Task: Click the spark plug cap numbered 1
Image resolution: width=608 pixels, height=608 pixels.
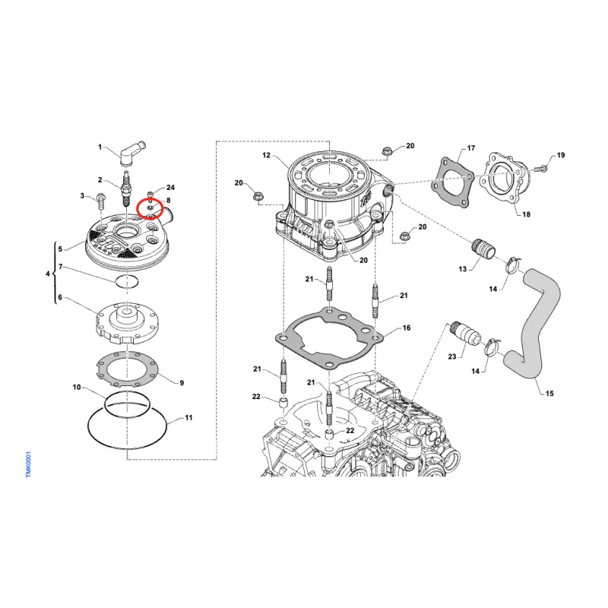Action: point(131,154)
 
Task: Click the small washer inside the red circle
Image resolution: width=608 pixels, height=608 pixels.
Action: point(150,208)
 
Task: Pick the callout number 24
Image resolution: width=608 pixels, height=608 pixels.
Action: point(170,187)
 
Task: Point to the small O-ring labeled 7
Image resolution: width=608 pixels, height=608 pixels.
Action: point(127,281)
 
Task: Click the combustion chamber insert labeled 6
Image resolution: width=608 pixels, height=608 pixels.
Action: point(127,325)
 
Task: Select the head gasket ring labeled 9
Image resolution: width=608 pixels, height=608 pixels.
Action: point(128,369)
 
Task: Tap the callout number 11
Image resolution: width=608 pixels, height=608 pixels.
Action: point(188,417)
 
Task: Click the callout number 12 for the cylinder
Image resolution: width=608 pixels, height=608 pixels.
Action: point(267,155)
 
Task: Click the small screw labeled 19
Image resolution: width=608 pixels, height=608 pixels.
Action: point(542,168)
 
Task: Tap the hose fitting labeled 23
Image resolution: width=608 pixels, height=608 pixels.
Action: point(464,334)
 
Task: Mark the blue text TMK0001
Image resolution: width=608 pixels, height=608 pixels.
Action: point(28,464)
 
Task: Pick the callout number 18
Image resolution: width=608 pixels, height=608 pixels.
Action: point(526,214)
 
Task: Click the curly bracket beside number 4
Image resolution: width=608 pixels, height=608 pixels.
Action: point(54,274)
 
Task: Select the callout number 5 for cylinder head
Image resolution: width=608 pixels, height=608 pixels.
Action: point(60,249)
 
